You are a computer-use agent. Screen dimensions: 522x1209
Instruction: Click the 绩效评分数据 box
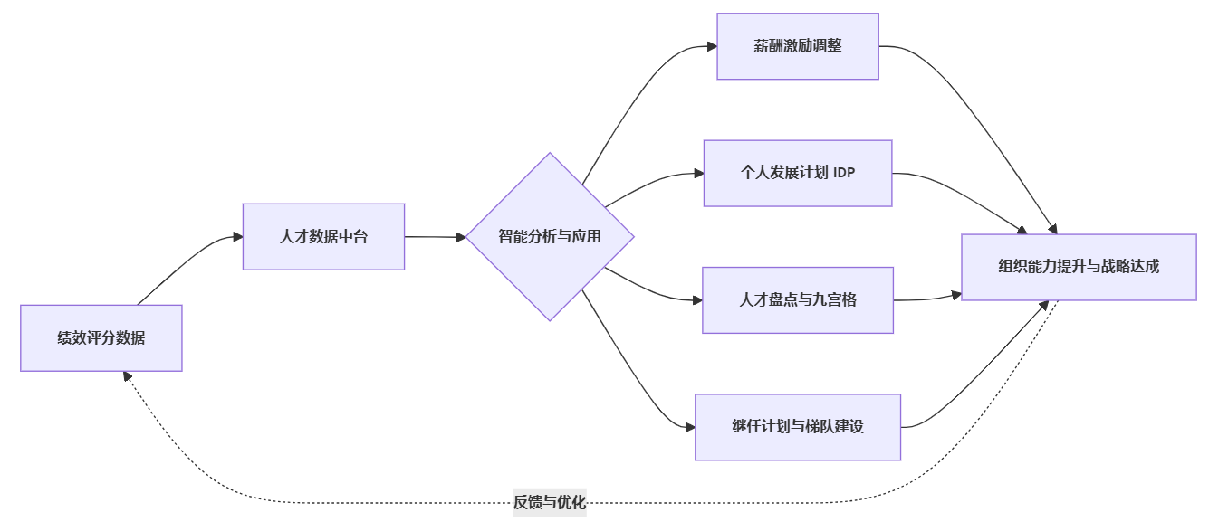[101, 338]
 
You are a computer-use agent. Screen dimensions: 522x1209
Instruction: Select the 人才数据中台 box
[323, 236]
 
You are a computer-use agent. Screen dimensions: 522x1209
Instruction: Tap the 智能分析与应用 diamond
[550, 236]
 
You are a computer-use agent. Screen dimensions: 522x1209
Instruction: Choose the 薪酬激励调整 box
[798, 45]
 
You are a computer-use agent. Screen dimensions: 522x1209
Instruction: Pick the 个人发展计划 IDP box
[798, 173]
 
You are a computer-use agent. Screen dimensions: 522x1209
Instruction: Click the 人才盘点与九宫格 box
[798, 299]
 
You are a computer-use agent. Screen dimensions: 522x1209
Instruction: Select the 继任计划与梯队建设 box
[798, 427]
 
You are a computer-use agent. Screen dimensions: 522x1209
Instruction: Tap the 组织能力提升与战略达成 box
[1079, 267]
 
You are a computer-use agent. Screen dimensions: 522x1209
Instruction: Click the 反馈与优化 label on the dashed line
[550, 502]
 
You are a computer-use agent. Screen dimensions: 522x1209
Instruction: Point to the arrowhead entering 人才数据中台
[238, 236]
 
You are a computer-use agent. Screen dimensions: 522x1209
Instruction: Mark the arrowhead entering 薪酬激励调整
[712, 45]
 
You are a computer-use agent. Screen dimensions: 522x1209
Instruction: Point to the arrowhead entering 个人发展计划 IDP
[699, 173]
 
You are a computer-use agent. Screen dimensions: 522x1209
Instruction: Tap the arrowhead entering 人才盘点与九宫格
[698, 299]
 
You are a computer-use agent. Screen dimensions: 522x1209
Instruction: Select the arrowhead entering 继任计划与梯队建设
[690, 427]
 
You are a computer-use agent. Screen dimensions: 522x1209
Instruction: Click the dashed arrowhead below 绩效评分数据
[128, 376]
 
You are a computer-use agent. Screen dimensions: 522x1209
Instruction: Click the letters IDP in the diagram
[843, 173]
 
